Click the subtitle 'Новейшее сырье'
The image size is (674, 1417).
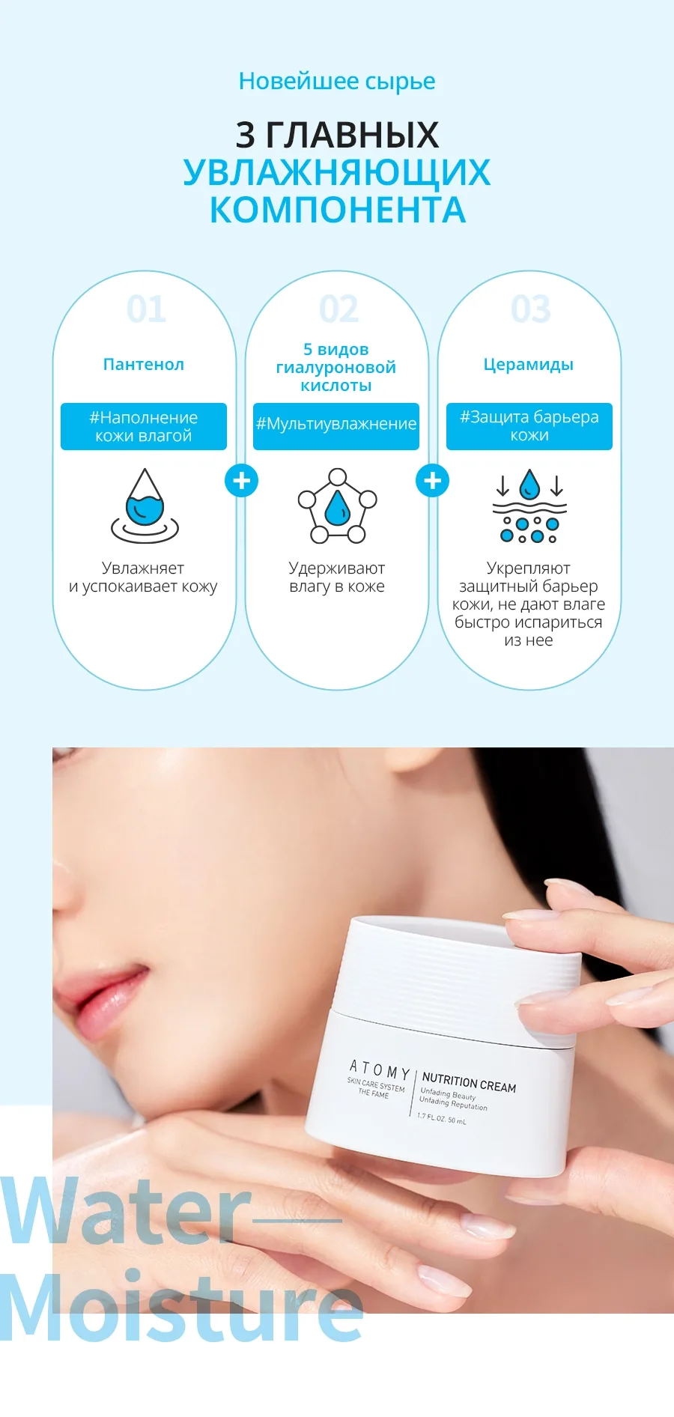coord(337,82)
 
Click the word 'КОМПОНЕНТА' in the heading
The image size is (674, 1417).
coord(338,210)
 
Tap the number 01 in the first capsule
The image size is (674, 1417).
coord(146,309)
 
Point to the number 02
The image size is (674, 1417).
coord(338,309)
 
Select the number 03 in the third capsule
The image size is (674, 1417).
coord(531,309)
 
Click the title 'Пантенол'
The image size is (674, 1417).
coord(144,365)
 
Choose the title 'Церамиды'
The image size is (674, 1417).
coord(529,365)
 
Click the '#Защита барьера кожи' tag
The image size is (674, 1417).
coord(529,426)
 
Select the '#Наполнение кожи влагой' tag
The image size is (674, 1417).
coord(144,426)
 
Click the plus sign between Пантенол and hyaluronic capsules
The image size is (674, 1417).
coord(241,481)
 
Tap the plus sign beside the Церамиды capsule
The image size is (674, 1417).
coord(433,481)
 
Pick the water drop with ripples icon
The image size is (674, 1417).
coord(145,506)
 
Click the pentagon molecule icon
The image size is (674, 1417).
coord(338,506)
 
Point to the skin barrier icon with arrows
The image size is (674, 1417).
coord(529,506)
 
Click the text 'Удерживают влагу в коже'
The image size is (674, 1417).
coord(337,577)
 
